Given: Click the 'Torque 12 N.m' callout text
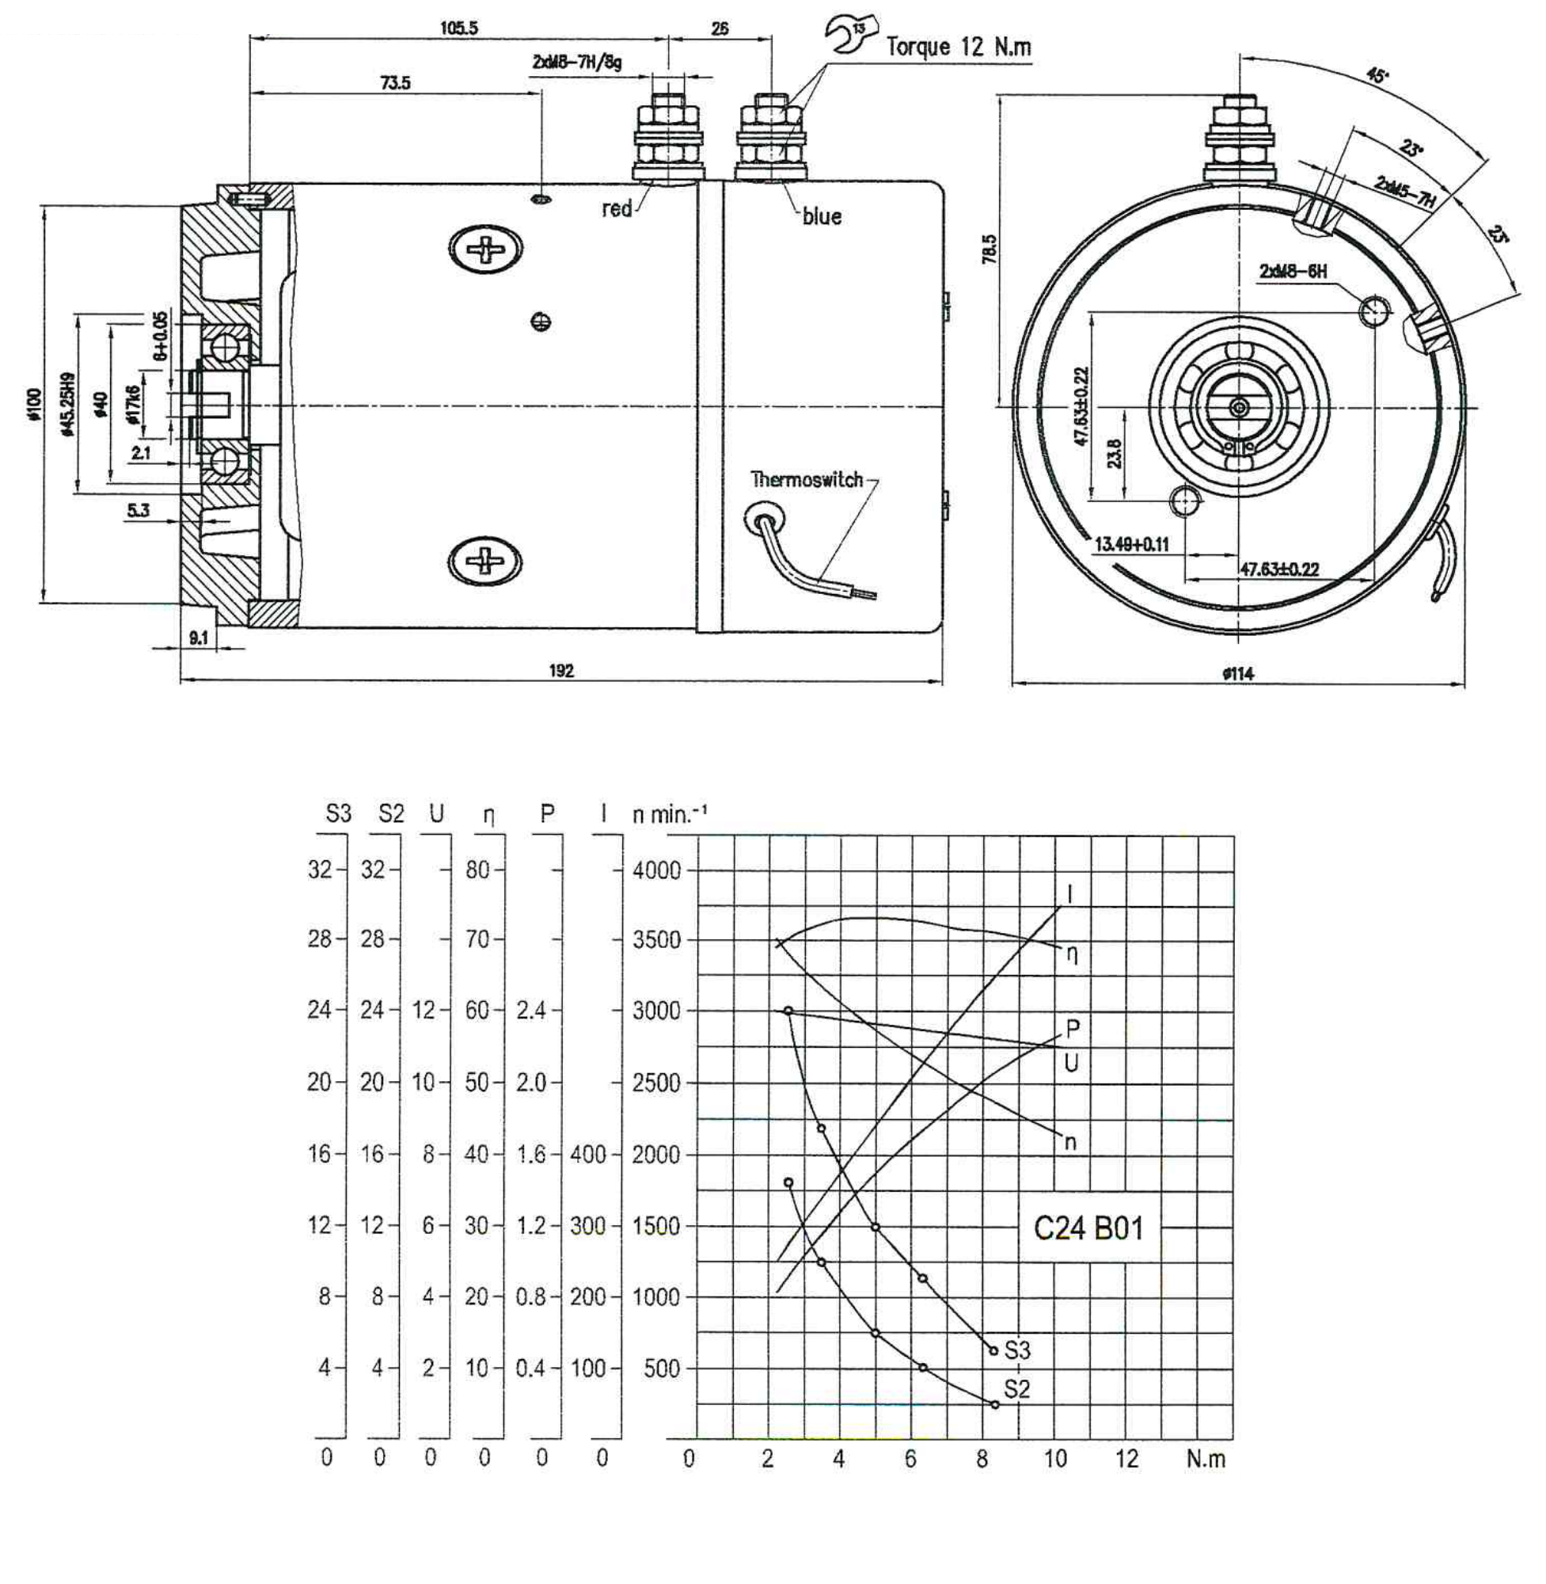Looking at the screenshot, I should [x=958, y=46].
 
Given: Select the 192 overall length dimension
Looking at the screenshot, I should [x=561, y=670].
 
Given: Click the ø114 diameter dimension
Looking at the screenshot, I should [x=1238, y=673].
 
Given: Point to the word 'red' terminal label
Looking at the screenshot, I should [x=617, y=210].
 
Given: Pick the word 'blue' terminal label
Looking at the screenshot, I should [x=822, y=217].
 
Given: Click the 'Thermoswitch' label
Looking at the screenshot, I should [x=807, y=479].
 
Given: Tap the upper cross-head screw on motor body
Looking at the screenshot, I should [x=484, y=249].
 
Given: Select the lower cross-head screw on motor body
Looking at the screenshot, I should [x=484, y=560].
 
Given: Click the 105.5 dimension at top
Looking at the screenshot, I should [x=460, y=29].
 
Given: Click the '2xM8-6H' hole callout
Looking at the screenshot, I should [x=1293, y=272].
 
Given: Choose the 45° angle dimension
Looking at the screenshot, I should [x=1377, y=75].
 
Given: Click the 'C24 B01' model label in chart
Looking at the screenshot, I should [x=1088, y=1228].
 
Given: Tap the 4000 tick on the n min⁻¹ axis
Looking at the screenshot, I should [x=656, y=870].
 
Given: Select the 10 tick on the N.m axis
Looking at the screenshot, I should [x=1054, y=1460].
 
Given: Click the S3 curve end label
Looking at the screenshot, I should [x=1016, y=1350].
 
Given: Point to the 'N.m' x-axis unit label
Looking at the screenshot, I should [x=1205, y=1459].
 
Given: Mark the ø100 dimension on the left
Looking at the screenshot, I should [x=33, y=405].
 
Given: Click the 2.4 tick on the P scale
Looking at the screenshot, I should [x=531, y=1011].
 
